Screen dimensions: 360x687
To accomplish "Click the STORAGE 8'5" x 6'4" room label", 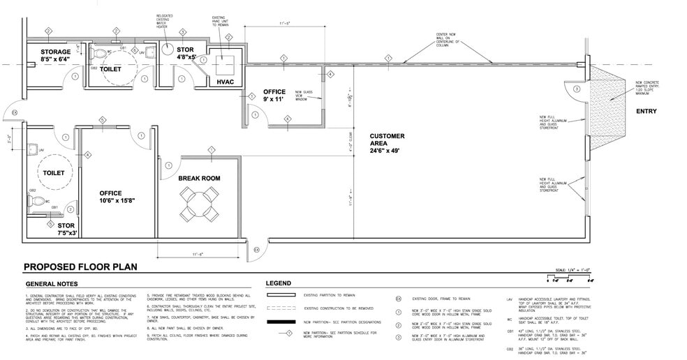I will pyautogui.click(x=55, y=56).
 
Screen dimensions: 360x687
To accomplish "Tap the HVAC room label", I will pyautogui.click(x=225, y=82).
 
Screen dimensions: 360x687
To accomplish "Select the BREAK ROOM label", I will pyautogui.click(x=199, y=179).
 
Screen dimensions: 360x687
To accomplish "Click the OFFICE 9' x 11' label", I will pyautogui.click(x=274, y=96).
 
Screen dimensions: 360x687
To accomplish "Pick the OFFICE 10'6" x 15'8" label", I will pyautogui.click(x=116, y=197).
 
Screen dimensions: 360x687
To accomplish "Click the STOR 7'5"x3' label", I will pyautogui.click(x=66, y=230).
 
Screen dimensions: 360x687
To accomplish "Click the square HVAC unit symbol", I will pyautogui.click(x=225, y=65).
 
